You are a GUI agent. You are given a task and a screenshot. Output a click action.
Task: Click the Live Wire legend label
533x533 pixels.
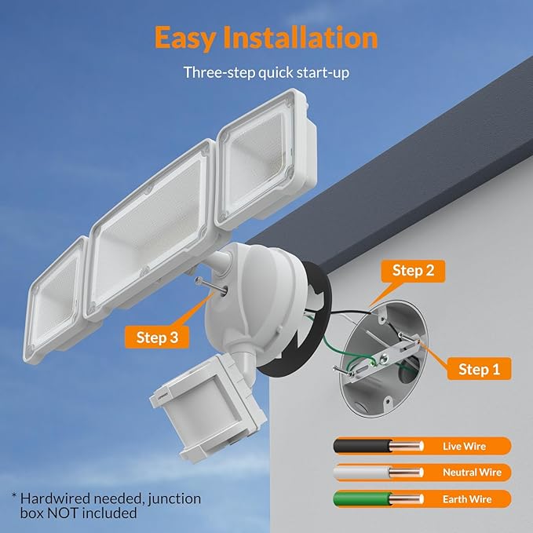tap(465, 446)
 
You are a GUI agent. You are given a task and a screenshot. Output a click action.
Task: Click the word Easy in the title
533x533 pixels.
tap(189, 37)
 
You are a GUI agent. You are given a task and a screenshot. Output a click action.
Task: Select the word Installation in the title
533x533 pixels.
tap(306, 37)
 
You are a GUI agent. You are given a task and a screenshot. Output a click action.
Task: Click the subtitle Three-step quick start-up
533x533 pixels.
tap(266, 72)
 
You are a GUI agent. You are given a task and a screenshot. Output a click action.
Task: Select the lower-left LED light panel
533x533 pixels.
tap(58, 283)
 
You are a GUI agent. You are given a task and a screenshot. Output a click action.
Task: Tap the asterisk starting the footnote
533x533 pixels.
tap(14, 497)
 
